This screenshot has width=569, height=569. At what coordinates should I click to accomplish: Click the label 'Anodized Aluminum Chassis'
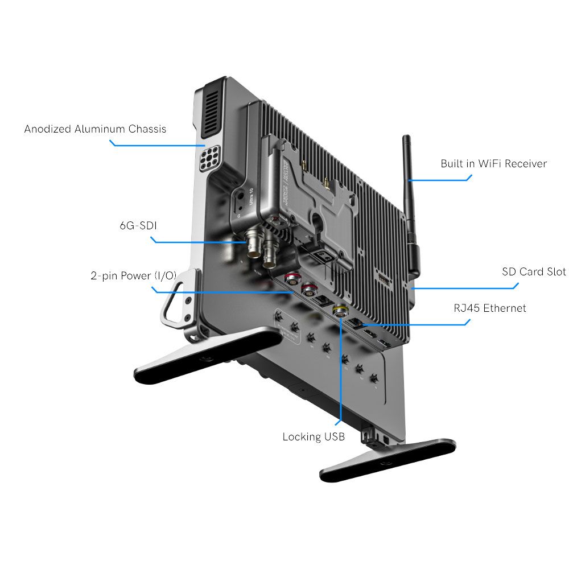click(x=95, y=129)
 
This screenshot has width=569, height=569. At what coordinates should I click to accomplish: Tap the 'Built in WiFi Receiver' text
click(x=493, y=164)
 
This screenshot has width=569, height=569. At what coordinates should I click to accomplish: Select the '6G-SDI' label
click(x=138, y=226)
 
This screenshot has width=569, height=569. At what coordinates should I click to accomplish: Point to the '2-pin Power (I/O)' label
click(x=133, y=276)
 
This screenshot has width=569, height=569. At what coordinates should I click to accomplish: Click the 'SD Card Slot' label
click(x=534, y=271)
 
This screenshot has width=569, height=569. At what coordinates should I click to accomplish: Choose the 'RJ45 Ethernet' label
click(x=490, y=308)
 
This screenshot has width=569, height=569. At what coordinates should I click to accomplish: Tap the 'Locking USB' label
click(x=313, y=437)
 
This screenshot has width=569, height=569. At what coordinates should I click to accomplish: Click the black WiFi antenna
click(x=408, y=171)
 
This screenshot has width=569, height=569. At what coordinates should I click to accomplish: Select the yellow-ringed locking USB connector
click(x=340, y=311)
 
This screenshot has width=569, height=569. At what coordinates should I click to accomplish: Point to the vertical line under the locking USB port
click(x=340, y=370)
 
